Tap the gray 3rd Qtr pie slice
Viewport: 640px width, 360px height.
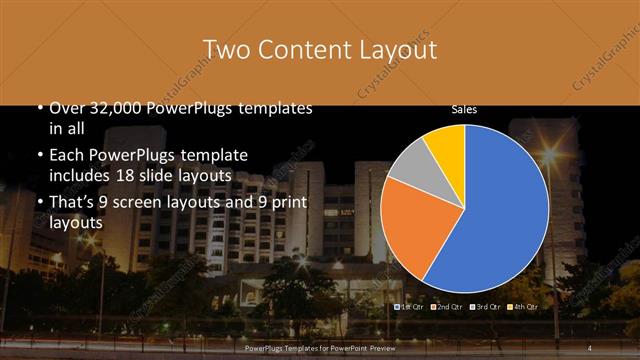point(409,170)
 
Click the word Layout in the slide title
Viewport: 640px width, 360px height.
point(392,49)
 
